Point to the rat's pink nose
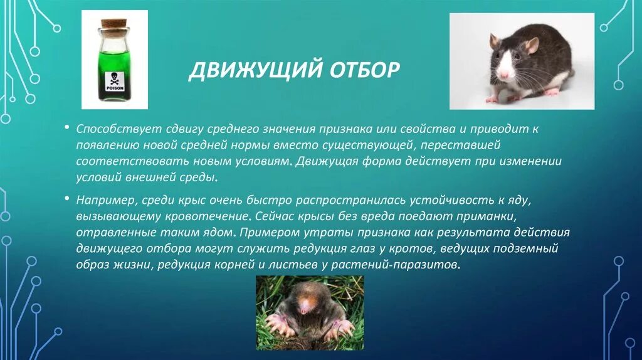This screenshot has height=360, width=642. (503, 74)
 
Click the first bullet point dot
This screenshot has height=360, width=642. (66, 127)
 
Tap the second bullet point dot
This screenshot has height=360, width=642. (66, 199)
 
